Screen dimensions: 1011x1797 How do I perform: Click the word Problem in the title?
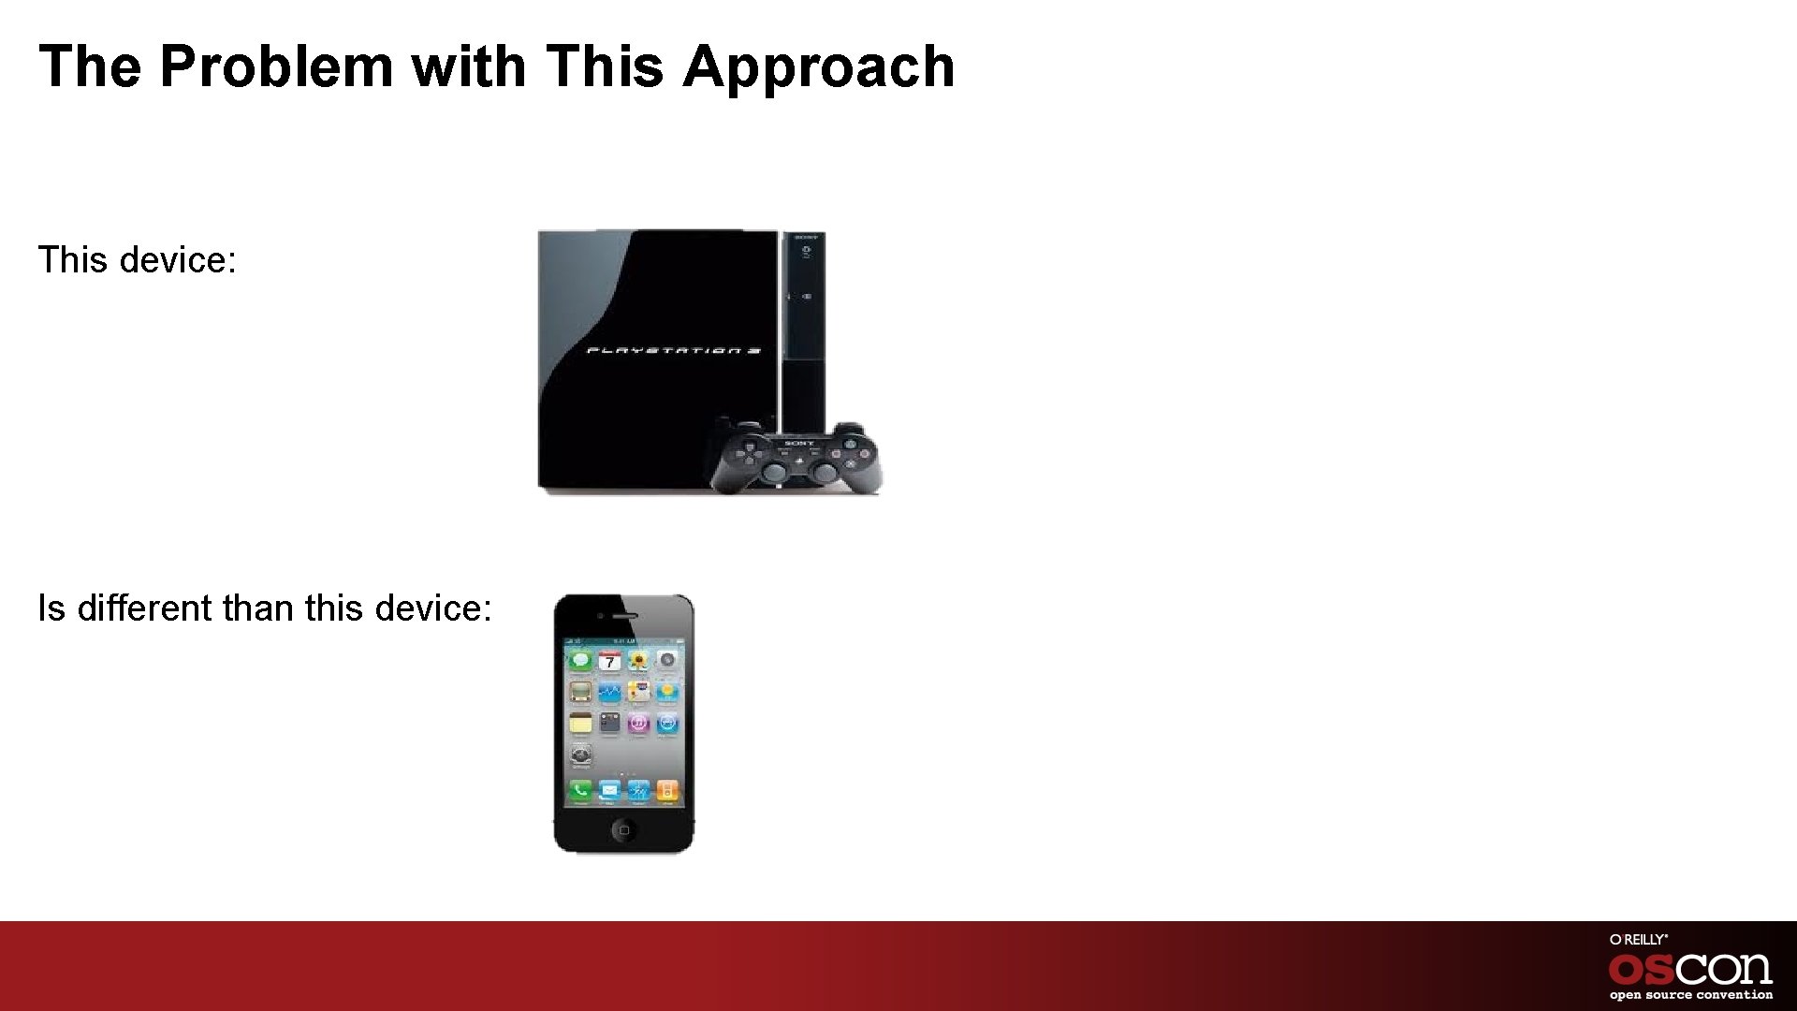coord(277,67)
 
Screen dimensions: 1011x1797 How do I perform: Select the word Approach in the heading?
coord(818,67)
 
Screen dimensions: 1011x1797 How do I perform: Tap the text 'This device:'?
coord(138,259)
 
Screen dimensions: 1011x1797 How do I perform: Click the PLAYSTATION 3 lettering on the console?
coord(673,352)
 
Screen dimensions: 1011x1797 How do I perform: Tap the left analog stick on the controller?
coord(776,470)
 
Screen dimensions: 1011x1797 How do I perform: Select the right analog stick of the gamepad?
coord(824,470)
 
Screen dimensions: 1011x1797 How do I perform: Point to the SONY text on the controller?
coord(798,443)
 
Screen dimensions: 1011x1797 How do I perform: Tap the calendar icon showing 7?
coord(609,662)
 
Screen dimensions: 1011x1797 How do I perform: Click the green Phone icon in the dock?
coord(580,791)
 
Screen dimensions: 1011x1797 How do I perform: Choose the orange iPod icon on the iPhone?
coord(667,791)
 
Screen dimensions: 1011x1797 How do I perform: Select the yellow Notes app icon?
coord(580,723)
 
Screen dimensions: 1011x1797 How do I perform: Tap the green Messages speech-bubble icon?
coord(580,661)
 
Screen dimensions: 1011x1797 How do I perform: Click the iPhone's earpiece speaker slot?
coord(624,617)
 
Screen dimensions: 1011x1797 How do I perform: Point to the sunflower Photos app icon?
coord(638,662)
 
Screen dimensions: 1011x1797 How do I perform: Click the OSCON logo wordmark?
coord(1690,968)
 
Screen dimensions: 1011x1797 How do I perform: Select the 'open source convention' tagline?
coord(1690,995)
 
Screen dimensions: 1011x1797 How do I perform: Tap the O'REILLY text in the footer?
coord(1638,939)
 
